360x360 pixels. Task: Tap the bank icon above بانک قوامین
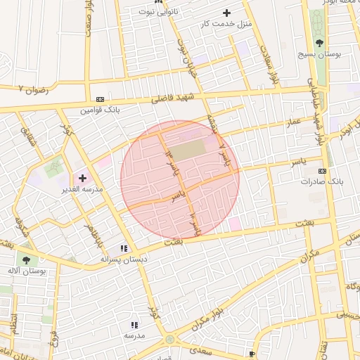101,100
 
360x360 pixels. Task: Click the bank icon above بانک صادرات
322,171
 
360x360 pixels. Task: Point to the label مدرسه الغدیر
83,189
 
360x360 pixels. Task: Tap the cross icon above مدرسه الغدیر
82,178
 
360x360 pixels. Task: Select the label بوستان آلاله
27,271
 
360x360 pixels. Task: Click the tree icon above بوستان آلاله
26,260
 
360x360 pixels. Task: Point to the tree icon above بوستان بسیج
320,42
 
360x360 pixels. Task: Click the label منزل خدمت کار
226,24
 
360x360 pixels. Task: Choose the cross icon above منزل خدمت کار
226,13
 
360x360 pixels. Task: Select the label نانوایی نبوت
158,12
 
